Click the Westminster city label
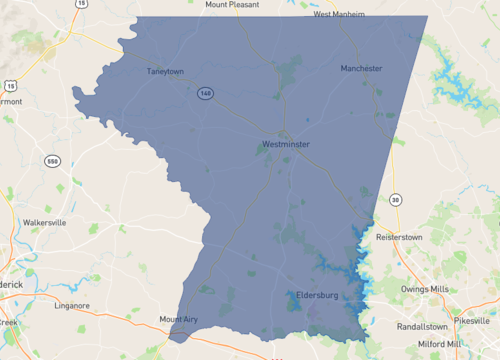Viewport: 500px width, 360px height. coord(285,145)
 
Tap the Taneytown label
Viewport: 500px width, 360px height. coord(166,71)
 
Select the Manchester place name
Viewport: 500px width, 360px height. coord(361,68)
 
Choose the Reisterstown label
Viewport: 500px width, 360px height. coord(400,237)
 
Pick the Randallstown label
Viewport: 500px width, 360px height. coord(425,325)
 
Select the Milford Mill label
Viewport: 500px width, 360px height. coord(440,344)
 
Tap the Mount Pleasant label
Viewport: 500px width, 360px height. coord(232,4)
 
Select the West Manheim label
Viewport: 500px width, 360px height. coord(339,14)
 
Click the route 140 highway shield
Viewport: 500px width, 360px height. coord(205,93)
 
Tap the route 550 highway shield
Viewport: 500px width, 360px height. coord(50,161)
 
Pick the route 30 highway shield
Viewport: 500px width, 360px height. coord(397,200)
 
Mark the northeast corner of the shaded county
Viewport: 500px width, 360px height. coord(427,16)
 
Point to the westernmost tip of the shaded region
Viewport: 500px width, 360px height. coord(73,91)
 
